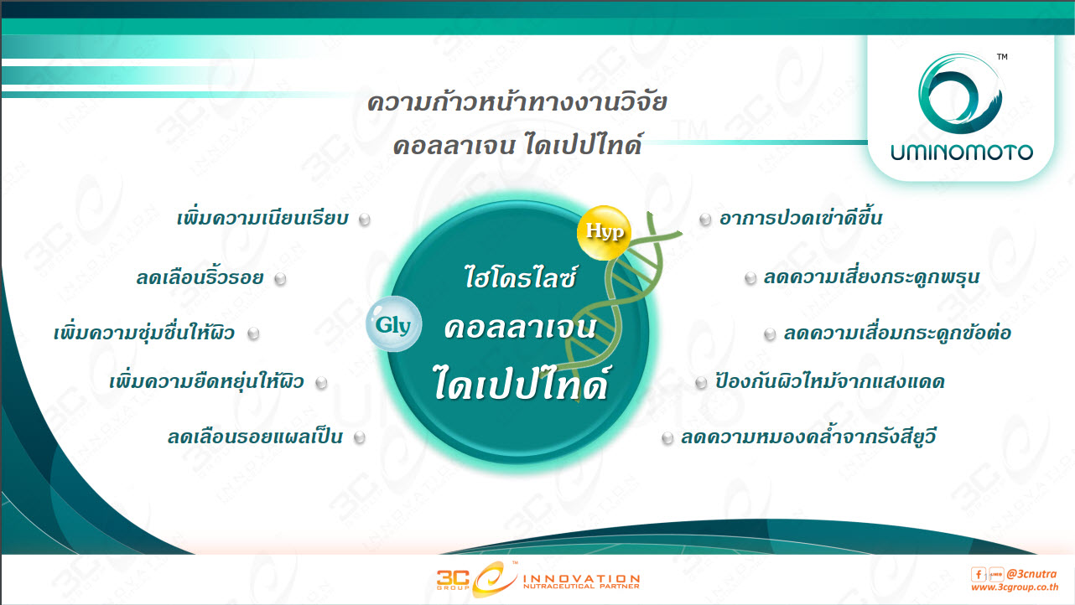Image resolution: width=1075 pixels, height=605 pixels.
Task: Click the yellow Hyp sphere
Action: [x=604, y=232]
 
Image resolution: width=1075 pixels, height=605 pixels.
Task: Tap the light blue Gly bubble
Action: [x=393, y=324]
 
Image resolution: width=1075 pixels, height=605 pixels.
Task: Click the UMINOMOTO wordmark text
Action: [x=962, y=153]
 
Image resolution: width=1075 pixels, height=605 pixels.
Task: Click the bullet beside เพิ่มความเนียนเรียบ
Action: [x=365, y=220]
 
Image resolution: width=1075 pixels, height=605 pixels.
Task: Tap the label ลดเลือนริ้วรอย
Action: [x=200, y=277]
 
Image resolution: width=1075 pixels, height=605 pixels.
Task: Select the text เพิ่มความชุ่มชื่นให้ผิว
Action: [x=144, y=332]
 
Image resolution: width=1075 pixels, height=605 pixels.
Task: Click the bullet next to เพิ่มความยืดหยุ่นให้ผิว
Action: [x=321, y=383]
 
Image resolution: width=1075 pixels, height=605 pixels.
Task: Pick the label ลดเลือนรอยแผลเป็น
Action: [x=255, y=437]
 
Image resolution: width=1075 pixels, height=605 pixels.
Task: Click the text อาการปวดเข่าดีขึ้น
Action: [x=801, y=218]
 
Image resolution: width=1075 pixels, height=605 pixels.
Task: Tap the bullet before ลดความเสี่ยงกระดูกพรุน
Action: [x=750, y=278]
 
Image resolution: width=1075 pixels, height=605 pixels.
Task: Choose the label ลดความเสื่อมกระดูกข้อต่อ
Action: [x=897, y=333]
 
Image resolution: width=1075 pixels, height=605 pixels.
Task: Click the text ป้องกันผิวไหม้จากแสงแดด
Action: [x=830, y=381]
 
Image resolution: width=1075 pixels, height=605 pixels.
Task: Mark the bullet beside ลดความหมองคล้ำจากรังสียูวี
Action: [x=667, y=438]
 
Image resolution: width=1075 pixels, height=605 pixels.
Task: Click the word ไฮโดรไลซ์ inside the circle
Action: [x=520, y=277]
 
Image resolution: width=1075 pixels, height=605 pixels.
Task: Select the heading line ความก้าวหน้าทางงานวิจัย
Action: [x=517, y=101]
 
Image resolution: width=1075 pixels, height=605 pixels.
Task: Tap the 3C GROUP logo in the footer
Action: [x=537, y=579]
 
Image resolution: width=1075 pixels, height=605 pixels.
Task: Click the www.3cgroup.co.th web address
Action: [x=1015, y=587]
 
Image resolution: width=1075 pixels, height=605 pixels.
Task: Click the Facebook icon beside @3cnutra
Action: [x=978, y=574]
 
